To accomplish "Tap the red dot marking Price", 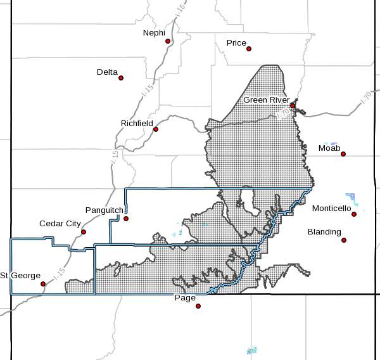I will pyautogui.click(x=249, y=48).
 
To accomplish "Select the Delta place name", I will pyautogui.click(x=107, y=72).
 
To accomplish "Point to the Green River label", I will pyautogui.click(x=267, y=100).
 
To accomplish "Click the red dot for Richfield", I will pyautogui.click(x=156, y=129).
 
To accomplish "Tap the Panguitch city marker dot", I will pyautogui.click(x=126, y=219).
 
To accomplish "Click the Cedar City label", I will pyautogui.click(x=60, y=224).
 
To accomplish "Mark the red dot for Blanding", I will pyautogui.click(x=344, y=240).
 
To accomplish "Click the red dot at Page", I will pyautogui.click(x=198, y=305).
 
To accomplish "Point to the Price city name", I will pyautogui.click(x=236, y=43).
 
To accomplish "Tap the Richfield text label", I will pyautogui.click(x=137, y=123).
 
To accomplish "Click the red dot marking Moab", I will pyautogui.click(x=343, y=153).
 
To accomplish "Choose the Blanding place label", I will pyautogui.click(x=324, y=232).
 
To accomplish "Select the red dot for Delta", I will pyautogui.click(x=121, y=78).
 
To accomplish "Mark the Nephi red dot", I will pyautogui.click(x=168, y=41).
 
